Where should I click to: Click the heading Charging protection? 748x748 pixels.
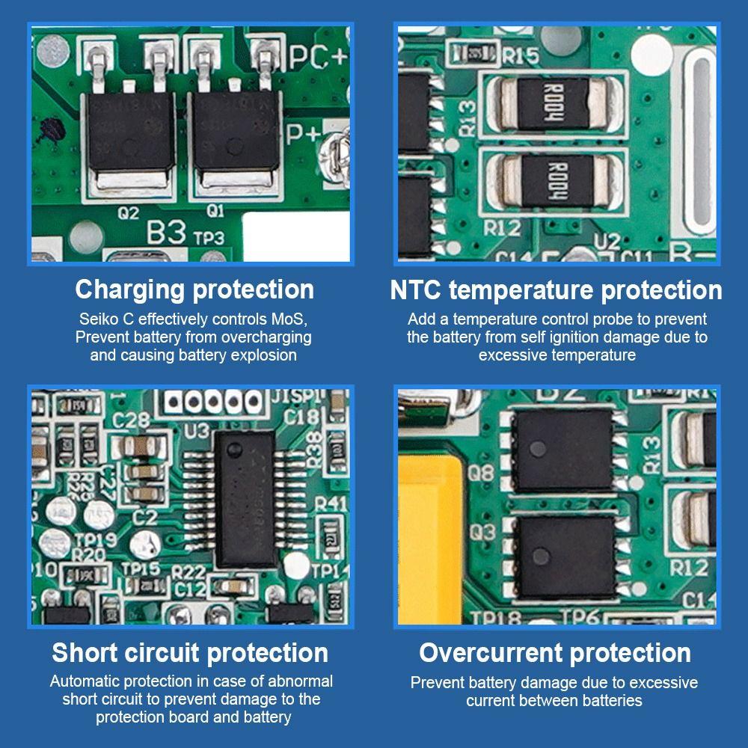(x=194, y=289)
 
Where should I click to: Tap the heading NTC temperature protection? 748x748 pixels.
(x=556, y=289)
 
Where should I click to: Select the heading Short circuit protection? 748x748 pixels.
(x=190, y=652)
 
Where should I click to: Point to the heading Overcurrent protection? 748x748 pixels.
(x=555, y=652)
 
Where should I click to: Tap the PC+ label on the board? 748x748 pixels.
(x=317, y=58)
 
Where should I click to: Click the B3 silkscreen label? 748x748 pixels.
(x=165, y=233)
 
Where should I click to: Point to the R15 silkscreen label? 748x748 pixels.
(x=521, y=55)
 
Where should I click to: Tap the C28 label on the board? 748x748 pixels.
(x=132, y=421)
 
